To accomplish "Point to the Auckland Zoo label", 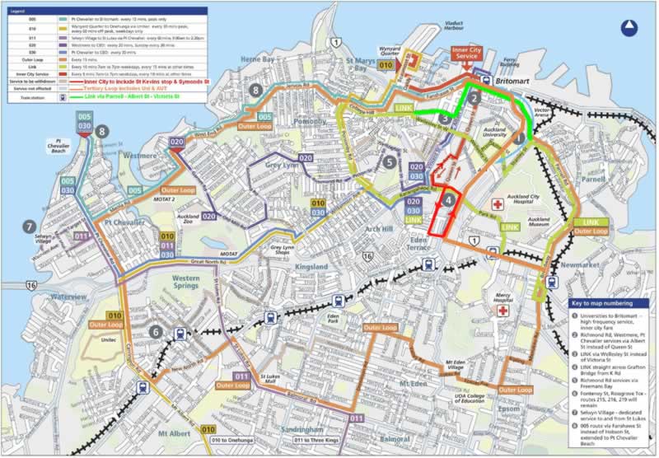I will [189, 222].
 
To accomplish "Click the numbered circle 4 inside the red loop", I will [448, 199].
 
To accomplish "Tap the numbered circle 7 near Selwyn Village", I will [30, 227].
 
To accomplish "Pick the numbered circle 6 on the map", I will [155, 332].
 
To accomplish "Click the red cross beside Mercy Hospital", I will [502, 313].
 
